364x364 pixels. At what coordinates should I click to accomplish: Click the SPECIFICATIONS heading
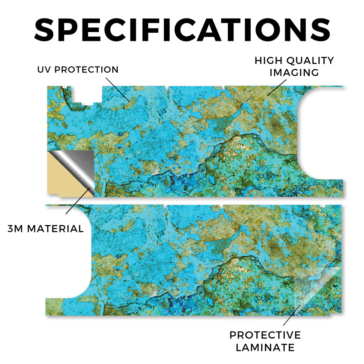[x=182, y=30]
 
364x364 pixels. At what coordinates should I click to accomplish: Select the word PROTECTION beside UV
[x=86, y=70]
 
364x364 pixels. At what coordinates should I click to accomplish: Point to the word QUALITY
[x=310, y=60]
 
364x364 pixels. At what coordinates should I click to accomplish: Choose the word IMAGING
[x=294, y=73]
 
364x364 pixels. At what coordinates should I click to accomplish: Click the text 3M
[x=15, y=229]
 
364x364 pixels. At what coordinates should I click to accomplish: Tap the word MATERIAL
[x=55, y=229]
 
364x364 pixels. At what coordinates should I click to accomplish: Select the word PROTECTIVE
[x=265, y=335]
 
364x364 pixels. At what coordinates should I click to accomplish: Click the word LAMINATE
[x=265, y=348]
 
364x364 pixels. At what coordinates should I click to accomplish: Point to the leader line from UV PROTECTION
[x=118, y=90]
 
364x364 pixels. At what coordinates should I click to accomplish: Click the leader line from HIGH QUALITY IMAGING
[x=277, y=87]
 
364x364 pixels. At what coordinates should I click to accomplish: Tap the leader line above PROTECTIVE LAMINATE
[x=292, y=315]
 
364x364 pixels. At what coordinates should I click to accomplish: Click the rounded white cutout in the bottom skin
[x=68, y=252]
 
